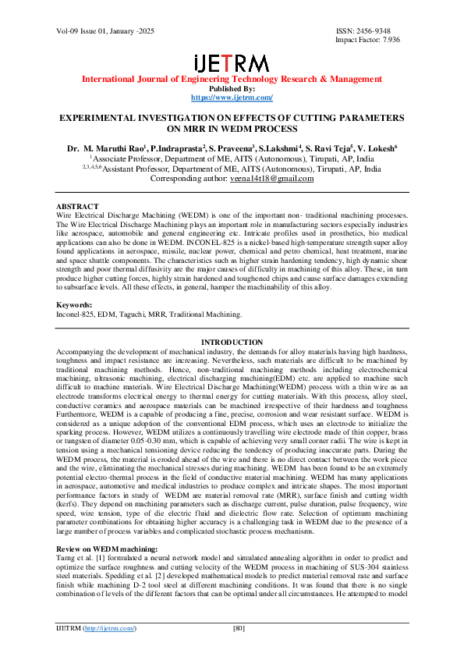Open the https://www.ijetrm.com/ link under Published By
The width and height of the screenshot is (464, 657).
[x=232, y=97]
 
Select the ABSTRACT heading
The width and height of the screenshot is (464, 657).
[x=76, y=206]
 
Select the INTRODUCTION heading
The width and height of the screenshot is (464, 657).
[x=232, y=343]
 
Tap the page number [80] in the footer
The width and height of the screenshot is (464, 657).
[x=240, y=628]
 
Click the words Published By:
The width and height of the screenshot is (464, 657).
[x=232, y=88]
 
